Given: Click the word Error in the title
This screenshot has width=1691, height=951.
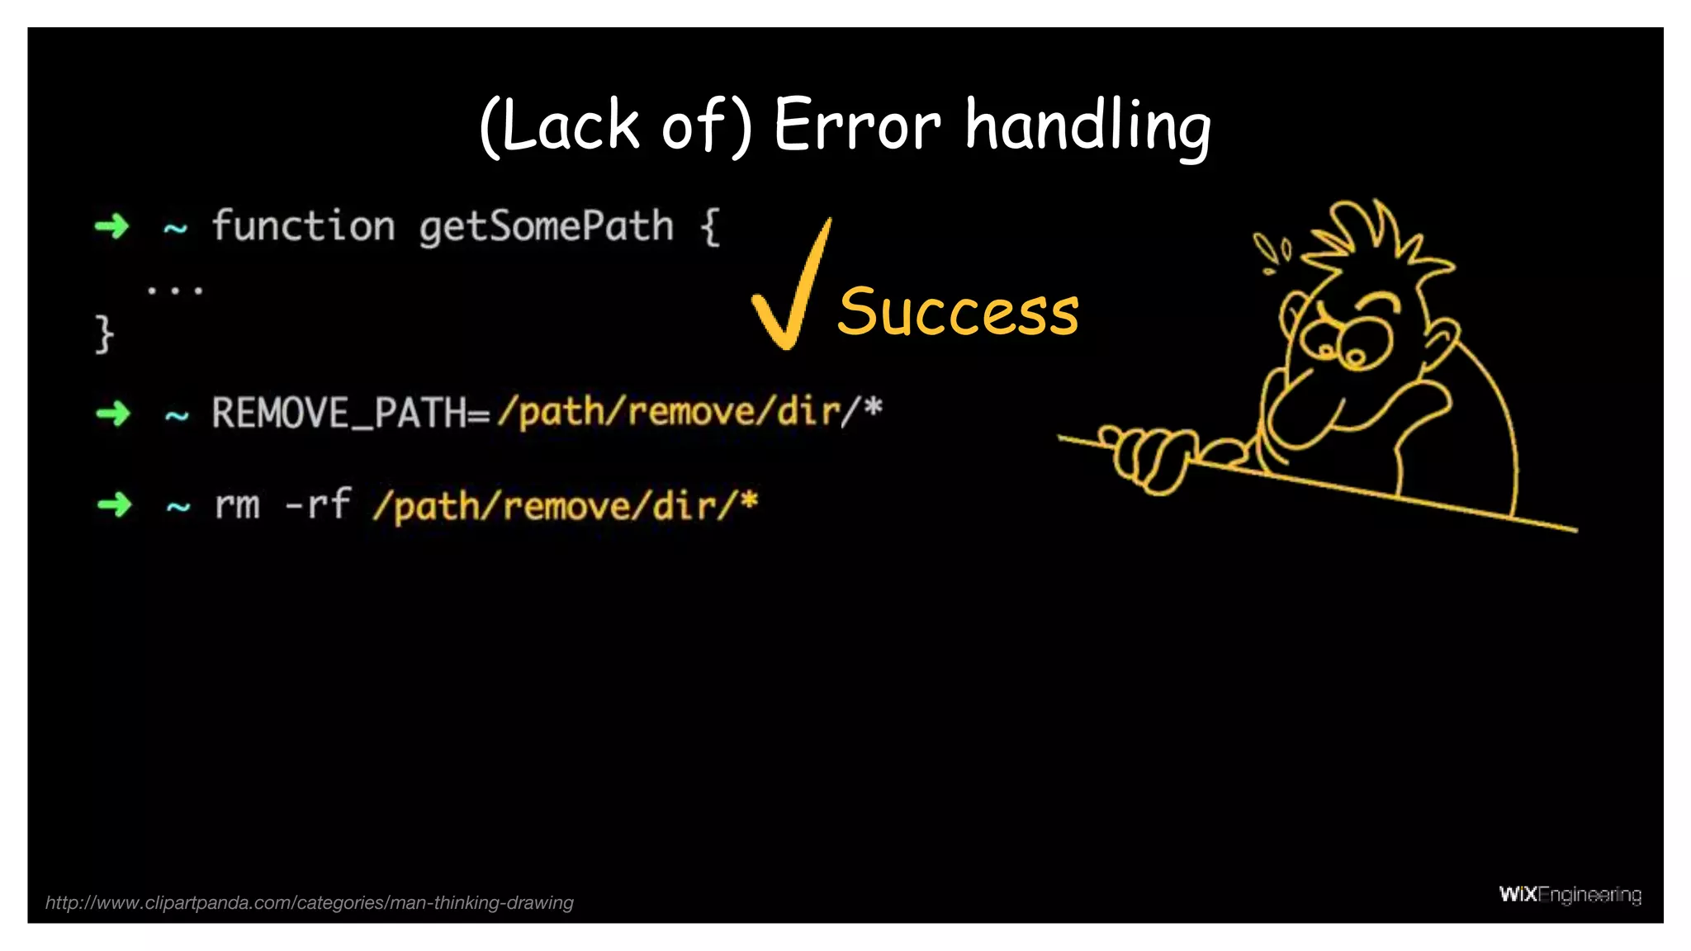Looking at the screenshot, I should click(x=856, y=125).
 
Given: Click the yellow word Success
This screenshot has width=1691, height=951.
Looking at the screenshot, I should click(x=958, y=312).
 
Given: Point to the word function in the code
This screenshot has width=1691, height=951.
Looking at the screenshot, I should click(x=303, y=226).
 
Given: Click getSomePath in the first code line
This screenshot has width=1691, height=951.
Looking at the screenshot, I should click(x=546, y=226).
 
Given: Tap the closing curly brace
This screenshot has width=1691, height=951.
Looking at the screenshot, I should click(x=103, y=334).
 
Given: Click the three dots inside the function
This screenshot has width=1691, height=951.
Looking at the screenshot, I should click(x=174, y=290).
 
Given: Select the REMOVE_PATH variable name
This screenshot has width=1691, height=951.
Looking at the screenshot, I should click(x=339, y=413).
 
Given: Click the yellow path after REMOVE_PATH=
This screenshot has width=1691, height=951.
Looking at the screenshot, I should click(x=689, y=411).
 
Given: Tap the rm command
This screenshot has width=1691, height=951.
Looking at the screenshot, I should click(x=237, y=504).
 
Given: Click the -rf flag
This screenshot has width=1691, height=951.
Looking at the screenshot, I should click(x=318, y=504).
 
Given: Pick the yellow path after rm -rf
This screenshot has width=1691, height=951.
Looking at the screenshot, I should click(x=565, y=505).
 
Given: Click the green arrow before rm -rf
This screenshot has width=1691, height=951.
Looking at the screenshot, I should click(x=114, y=504).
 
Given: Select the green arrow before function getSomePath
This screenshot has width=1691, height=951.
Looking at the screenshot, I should click(x=112, y=225).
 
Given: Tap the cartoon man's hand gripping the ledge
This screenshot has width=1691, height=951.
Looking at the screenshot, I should click(x=1148, y=458).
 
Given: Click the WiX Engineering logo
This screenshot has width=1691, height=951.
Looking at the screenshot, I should click(x=1569, y=894).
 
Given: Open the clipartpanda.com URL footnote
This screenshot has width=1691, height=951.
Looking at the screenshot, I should click(x=309, y=902).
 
